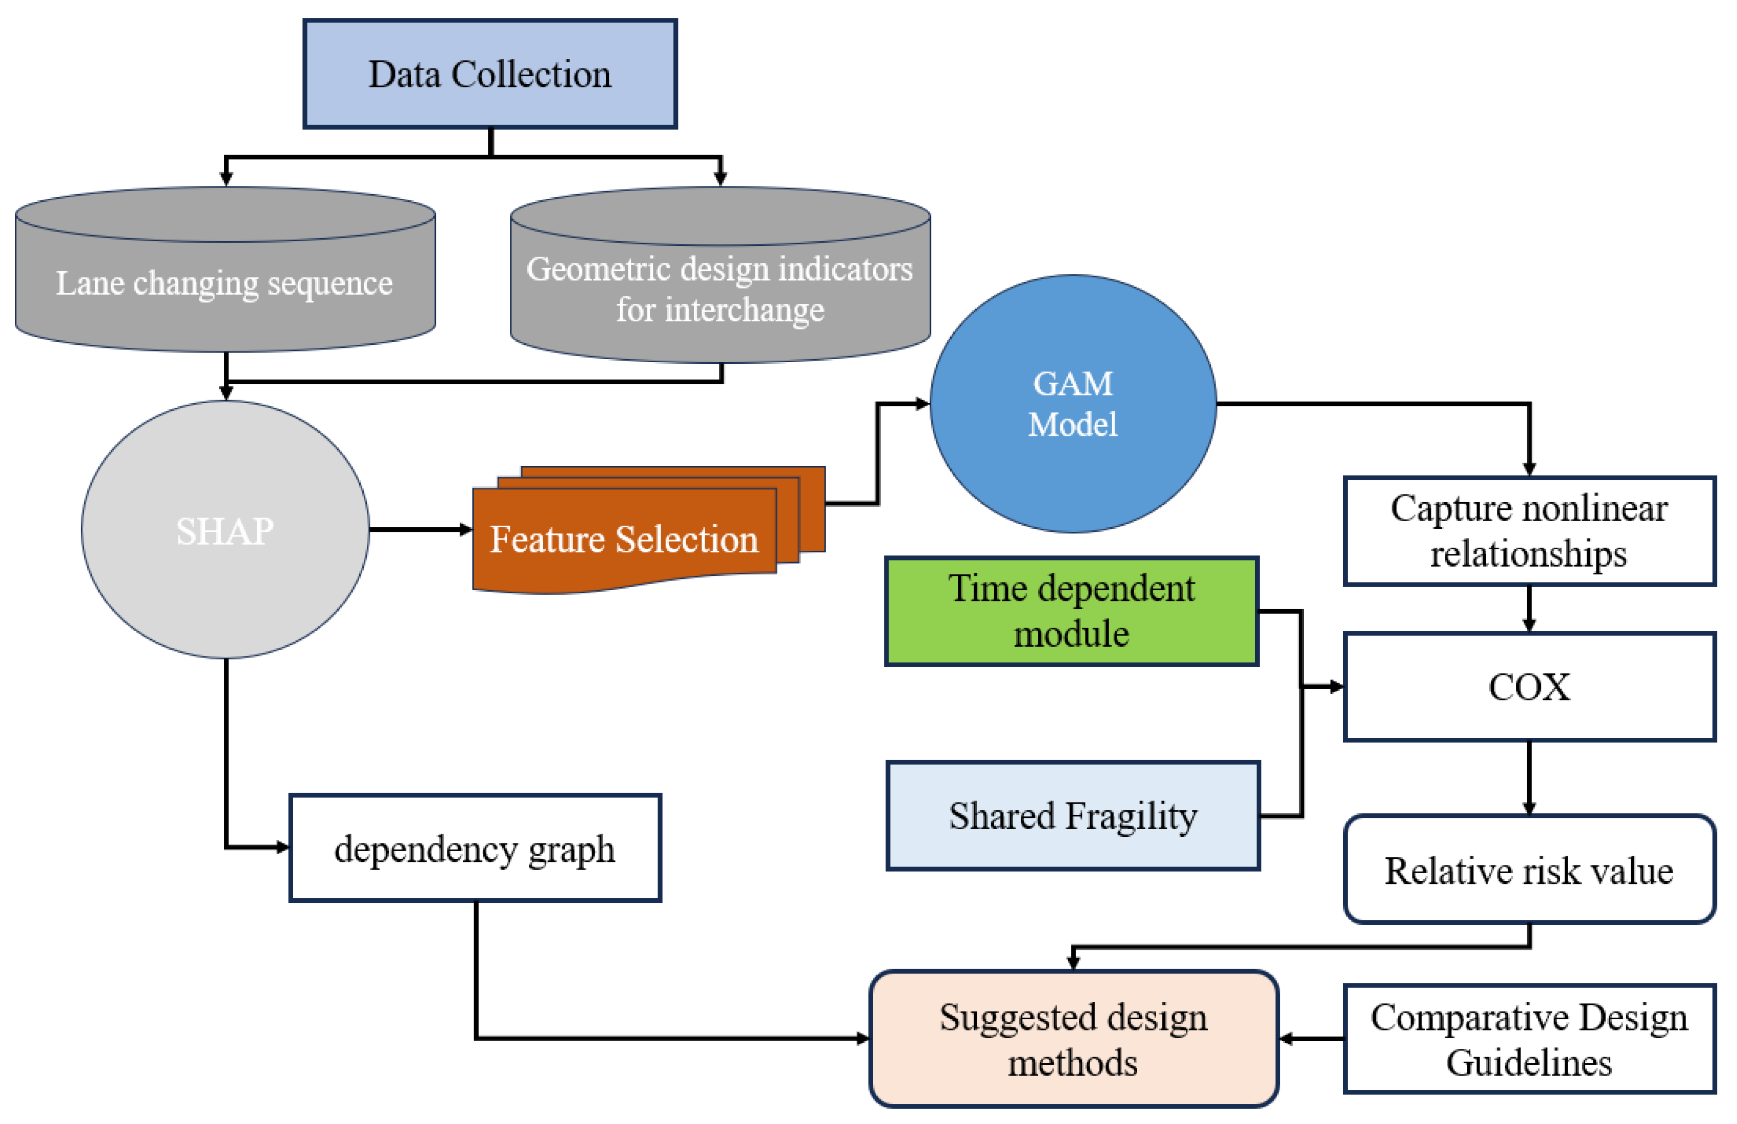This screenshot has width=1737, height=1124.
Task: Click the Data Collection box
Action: click(x=490, y=74)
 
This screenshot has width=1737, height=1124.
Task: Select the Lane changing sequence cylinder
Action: click(x=225, y=283)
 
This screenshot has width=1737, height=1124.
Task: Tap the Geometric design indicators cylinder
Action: click(x=720, y=289)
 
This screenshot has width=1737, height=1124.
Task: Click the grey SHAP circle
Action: click(x=225, y=530)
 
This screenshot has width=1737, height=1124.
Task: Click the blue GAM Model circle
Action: click(x=1072, y=404)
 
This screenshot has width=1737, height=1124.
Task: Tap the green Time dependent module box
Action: click(x=1071, y=611)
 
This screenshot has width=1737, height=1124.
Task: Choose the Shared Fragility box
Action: click(x=1072, y=815)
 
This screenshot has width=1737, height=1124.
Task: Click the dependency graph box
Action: click(x=475, y=848)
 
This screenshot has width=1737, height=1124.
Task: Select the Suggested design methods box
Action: click(x=1073, y=1039)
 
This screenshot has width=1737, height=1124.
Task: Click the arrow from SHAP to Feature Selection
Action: click(x=419, y=529)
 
